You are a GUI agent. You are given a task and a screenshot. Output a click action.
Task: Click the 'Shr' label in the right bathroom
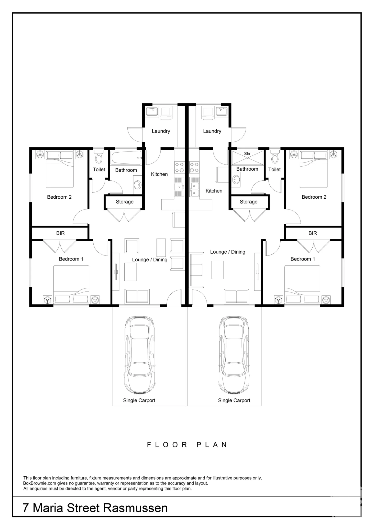[247, 154]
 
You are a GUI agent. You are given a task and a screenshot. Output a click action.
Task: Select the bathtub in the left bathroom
[126, 158]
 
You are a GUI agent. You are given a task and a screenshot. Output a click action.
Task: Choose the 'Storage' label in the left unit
[125, 202]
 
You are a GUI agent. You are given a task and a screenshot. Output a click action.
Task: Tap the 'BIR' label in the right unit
[313, 233]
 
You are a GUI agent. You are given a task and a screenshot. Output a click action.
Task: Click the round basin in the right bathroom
[236, 180]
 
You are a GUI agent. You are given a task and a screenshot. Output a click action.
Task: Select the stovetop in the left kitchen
[179, 167]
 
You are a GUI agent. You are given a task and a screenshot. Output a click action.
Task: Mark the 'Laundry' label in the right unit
[212, 131]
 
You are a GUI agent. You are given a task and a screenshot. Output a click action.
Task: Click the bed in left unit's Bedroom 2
[60, 169]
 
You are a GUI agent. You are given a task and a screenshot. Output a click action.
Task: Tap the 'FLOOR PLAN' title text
[187, 445]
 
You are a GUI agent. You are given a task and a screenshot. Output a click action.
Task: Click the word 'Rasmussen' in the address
[135, 508]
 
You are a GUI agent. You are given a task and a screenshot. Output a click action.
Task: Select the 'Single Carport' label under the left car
[139, 400]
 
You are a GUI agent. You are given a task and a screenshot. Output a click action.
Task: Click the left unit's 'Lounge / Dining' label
[150, 260]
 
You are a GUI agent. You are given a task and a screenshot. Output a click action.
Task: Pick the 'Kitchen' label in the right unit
[214, 191]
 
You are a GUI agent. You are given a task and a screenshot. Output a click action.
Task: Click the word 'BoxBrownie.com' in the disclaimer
[40, 483]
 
